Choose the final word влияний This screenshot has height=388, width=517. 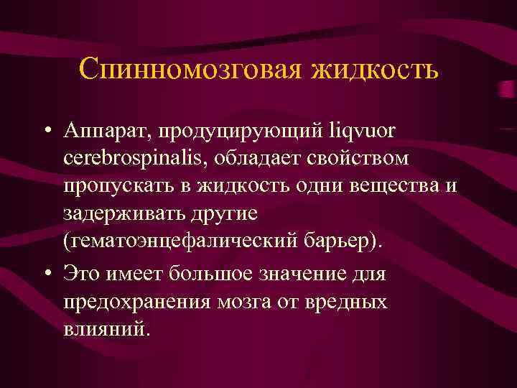[x=108, y=329]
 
